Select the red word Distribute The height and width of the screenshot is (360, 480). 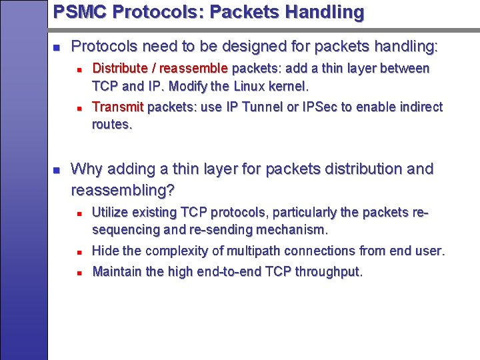(119, 68)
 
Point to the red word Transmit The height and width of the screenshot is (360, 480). (117, 107)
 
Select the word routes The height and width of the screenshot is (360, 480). (112, 124)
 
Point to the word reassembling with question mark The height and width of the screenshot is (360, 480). (123, 191)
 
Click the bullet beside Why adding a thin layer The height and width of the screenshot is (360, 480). (57, 169)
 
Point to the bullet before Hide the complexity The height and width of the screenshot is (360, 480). (79, 252)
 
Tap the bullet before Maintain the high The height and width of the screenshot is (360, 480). (79, 273)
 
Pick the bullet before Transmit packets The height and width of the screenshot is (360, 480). (79, 107)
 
